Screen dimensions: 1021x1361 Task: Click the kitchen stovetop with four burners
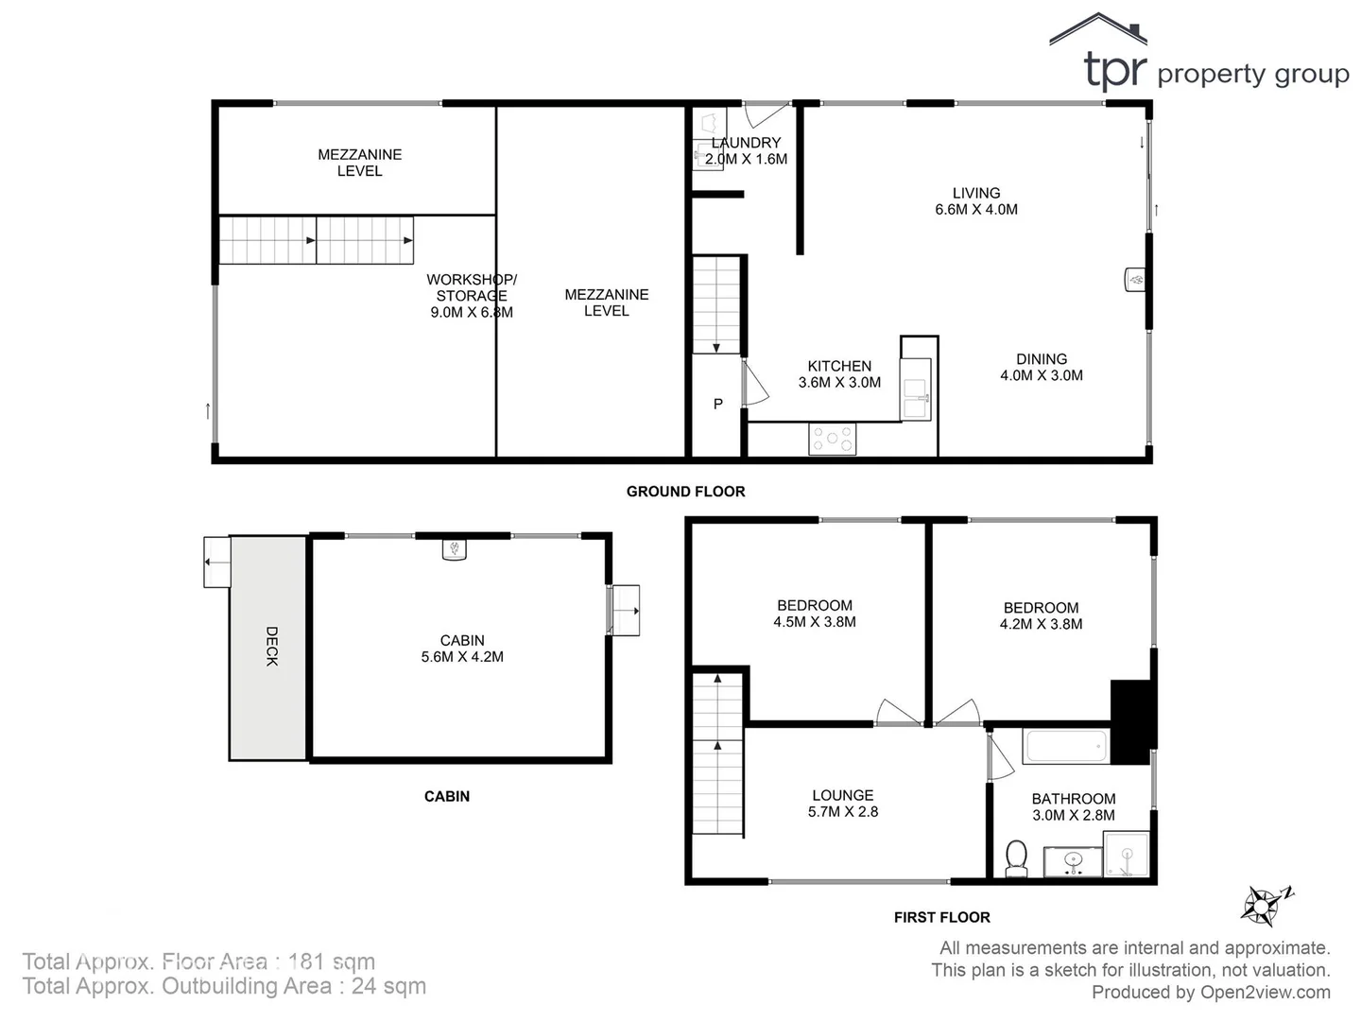(833, 439)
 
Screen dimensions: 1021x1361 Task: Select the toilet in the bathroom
(1016, 857)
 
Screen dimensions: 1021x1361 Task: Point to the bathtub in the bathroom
(1065, 746)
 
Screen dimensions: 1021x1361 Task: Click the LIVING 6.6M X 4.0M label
(976, 201)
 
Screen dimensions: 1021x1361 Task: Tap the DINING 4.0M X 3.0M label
(1042, 367)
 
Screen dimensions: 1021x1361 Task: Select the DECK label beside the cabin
(271, 647)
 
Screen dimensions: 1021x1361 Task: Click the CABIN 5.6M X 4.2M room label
(462, 649)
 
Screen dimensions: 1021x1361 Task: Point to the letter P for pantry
(718, 404)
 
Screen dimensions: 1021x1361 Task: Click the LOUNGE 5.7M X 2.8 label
(843, 804)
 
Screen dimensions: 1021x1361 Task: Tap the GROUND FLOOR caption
(685, 492)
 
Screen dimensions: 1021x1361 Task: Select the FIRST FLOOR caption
(941, 917)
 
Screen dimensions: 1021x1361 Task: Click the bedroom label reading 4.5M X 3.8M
(815, 614)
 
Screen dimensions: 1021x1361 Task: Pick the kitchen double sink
(915, 398)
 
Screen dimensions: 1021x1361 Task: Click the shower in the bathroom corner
(1127, 856)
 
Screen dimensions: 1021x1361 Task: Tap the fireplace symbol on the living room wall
(1135, 280)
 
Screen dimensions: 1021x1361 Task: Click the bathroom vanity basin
(1073, 861)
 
